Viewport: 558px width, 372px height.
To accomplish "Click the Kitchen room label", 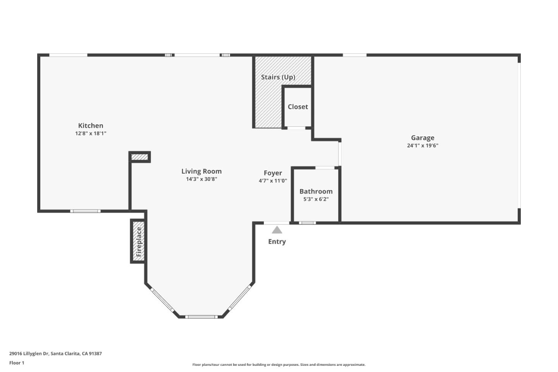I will coord(91,126).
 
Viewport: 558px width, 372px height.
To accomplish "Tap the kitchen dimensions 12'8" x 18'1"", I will coord(91,133).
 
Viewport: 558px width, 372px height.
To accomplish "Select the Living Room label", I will coord(201,171).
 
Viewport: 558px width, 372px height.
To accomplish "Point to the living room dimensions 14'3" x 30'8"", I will coord(201,179).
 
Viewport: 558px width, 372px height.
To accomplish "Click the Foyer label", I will coord(273,173).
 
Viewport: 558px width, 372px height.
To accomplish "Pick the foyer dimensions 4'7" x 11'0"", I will coord(273,181).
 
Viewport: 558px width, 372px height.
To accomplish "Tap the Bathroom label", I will coord(316,191).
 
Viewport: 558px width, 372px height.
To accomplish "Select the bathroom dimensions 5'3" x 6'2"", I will coord(316,199).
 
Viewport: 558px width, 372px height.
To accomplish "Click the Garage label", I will coord(422,138).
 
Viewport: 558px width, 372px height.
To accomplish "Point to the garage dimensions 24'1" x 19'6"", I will coord(422,146).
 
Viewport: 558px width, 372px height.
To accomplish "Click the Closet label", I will coord(298,107).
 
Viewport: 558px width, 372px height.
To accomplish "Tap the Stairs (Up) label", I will coord(278,77).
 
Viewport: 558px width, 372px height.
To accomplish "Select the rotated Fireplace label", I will coord(139,242).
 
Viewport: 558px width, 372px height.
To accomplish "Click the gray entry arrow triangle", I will coord(277,230).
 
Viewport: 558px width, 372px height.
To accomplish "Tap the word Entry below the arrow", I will coord(277,241).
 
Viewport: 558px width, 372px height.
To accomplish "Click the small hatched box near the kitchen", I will coord(139,157).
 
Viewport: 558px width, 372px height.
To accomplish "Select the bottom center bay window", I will coord(201,317).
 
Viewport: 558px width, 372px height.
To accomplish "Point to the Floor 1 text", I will coord(17,363).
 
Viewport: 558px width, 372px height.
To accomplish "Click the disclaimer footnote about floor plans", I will coord(279,365).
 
